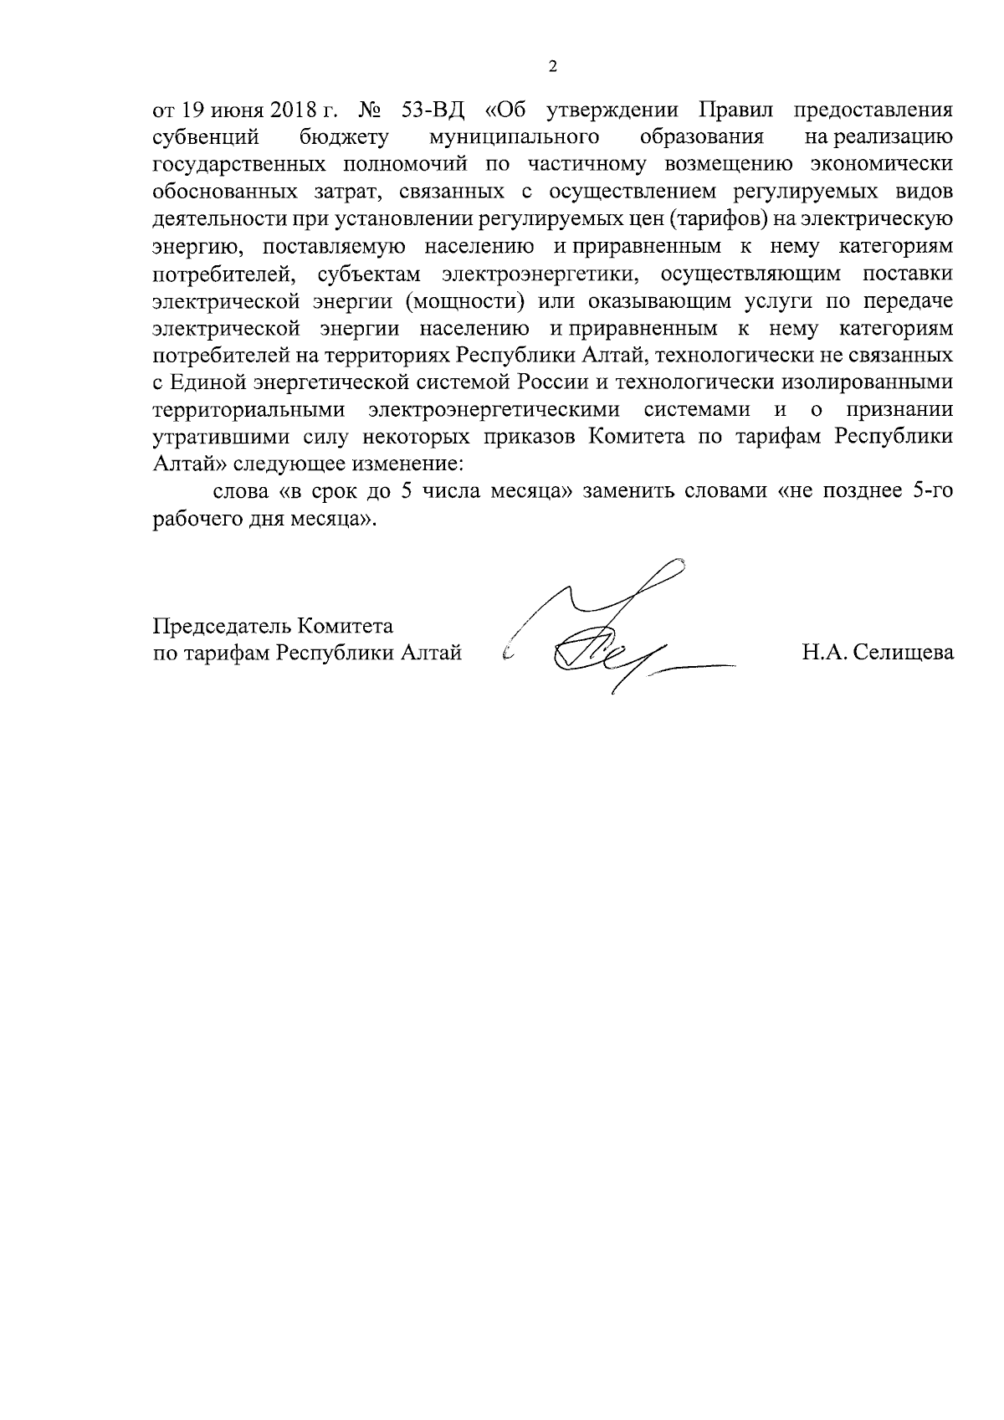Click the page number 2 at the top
[552, 67]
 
